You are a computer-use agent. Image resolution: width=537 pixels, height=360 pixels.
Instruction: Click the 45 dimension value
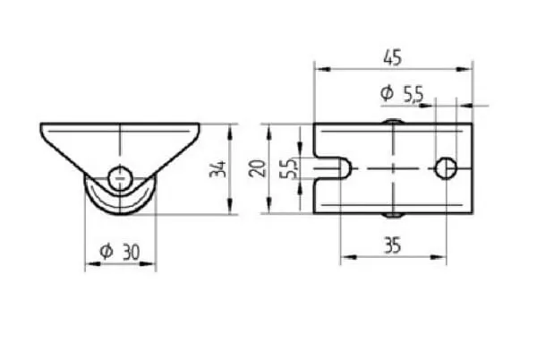click(x=392, y=57)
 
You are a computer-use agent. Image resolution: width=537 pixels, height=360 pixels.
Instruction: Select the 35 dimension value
click(x=393, y=245)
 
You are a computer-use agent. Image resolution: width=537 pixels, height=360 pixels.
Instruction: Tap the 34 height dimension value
click(x=218, y=169)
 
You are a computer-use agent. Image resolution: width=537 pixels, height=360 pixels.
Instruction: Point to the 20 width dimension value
click(x=258, y=168)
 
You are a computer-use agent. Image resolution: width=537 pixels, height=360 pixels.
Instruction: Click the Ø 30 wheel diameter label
click(x=120, y=252)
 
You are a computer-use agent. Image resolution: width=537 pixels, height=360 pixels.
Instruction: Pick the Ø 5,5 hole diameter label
click(x=402, y=94)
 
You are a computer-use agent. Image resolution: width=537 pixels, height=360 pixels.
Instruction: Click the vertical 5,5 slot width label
click(x=289, y=168)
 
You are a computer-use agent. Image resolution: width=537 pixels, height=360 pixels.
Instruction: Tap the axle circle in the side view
click(x=120, y=178)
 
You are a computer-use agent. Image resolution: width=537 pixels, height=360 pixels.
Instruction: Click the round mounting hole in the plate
click(x=446, y=168)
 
